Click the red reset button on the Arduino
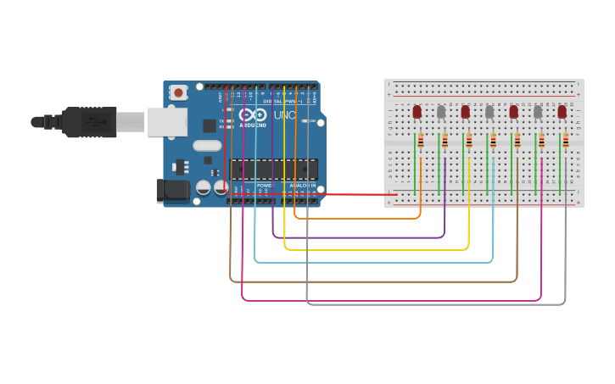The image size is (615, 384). (178, 92)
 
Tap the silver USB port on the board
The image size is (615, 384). (167, 121)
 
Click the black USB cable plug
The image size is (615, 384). (88, 122)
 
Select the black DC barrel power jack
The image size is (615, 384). (174, 191)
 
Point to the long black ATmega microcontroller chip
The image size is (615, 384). (273, 169)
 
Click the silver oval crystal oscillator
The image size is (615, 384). (207, 145)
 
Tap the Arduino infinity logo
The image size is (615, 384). (252, 115)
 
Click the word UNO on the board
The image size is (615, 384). (283, 115)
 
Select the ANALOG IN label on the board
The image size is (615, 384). (302, 185)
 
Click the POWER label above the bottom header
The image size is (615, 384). (265, 185)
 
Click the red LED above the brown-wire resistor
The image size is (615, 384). (513, 111)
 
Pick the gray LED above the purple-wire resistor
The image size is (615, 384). (441, 111)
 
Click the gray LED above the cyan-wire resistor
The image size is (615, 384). (489, 111)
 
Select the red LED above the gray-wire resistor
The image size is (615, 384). (562, 111)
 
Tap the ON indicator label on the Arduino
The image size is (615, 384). (313, 121)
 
